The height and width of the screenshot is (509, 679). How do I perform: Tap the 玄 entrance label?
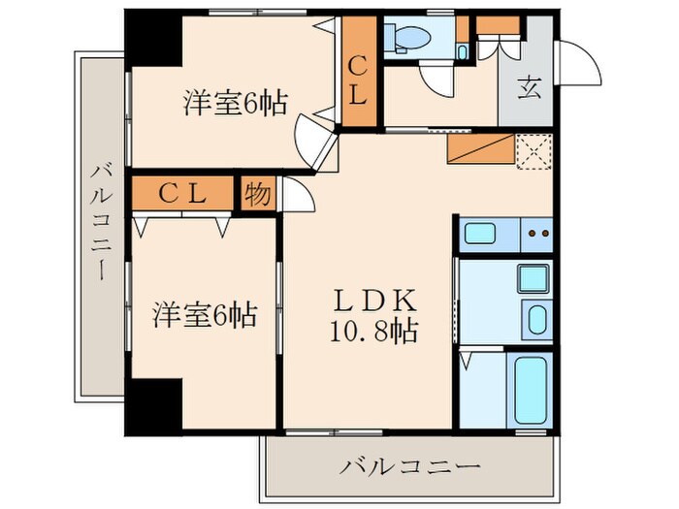tap(530, 87)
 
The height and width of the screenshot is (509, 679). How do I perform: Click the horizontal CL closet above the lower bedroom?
tap(182, 193)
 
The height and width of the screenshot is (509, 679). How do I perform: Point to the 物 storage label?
tap(257, 193)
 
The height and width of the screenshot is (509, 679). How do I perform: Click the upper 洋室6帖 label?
tap(236, 103)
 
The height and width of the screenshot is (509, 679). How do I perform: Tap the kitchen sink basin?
tap(481, 234)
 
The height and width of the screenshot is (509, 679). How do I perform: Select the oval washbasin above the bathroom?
tap(534, 317)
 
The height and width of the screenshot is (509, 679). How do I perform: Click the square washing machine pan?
tap(532, 278)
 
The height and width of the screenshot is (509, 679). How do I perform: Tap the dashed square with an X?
tap(533, 152)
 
